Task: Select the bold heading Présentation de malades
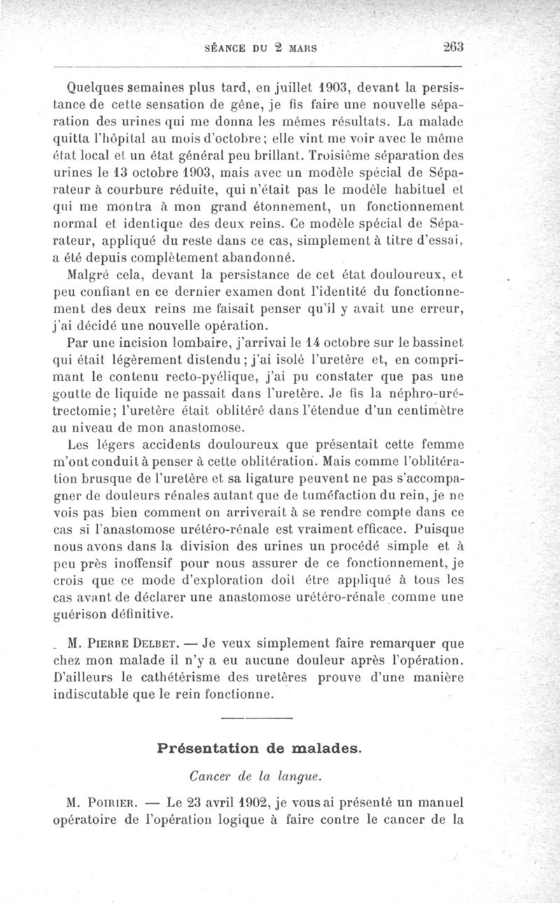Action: point(260,748)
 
